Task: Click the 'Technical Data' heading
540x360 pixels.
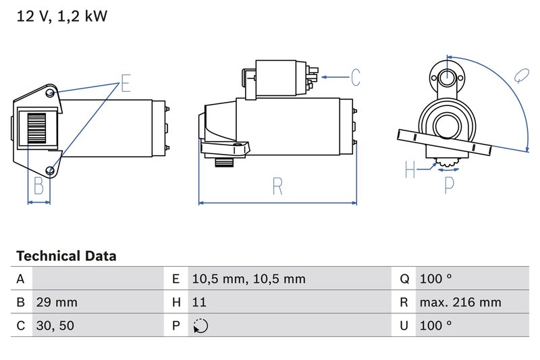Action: point(66,256)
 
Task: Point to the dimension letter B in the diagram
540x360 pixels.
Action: point(38,186)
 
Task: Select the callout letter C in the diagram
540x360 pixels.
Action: point(356,78)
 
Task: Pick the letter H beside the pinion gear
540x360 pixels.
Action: point(410,170)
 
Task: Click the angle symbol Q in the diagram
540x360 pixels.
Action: point(520,75)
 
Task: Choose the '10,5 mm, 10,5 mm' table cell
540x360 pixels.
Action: point(248,279)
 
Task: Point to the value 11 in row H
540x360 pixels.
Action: point(198,303)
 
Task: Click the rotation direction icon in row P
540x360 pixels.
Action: point(200,326)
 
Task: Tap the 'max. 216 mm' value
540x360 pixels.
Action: point(460,303)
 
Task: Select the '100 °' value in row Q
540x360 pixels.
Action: point(435,279)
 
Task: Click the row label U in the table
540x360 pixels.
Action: point(404,326)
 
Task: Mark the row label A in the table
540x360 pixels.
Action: point(20,279)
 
